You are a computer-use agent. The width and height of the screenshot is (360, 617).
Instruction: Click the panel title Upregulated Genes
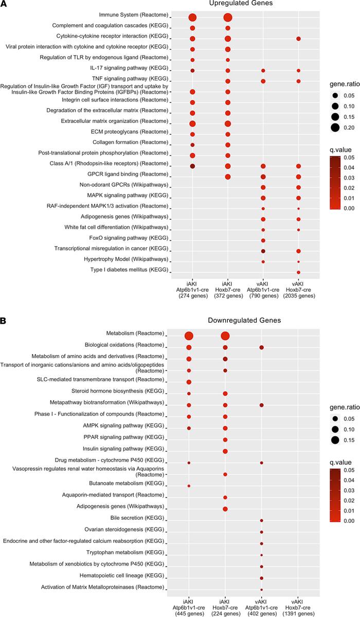[x=244, y=4]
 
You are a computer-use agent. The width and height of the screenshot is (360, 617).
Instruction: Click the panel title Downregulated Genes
[x=241, y=320]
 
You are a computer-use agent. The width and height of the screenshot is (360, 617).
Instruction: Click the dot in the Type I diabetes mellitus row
[x=298, y=272]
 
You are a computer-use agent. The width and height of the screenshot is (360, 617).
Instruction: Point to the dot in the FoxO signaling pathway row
[x=263, y=240]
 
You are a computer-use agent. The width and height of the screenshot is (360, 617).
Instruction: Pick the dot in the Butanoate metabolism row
[x=189, y=486]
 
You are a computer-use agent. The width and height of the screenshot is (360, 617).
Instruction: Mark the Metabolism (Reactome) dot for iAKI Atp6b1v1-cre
[x=189, y=336]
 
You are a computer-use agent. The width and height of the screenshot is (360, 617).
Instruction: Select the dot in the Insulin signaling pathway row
[x=225, y=437]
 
